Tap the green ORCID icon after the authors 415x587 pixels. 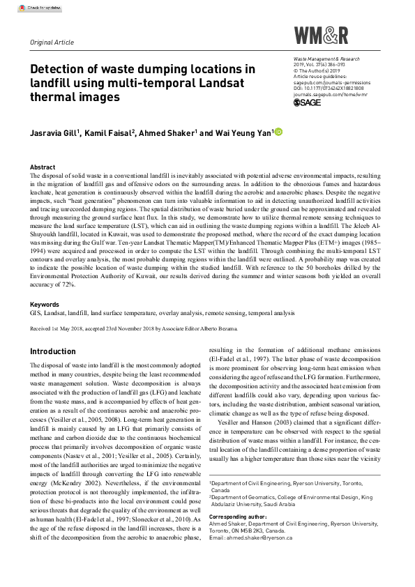coord(279,130)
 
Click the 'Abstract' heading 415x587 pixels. coord(43,168)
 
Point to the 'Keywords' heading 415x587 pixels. coord(45,305)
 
